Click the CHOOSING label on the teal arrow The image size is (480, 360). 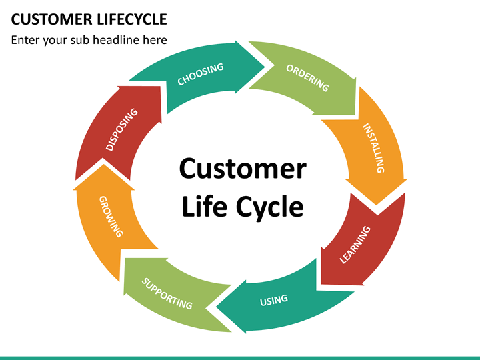pyautogui.click(x=201, y=74)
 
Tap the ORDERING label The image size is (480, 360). pyautogui.click(x=307, y=78)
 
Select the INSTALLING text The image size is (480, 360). pyautogui.click(x=373, y=148)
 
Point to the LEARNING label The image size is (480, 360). pyautogui.click(x=355, y=245)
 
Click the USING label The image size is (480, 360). pyautogui.click(x=274, y=300)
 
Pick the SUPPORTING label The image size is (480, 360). pyautogui.click(x=167, y=293)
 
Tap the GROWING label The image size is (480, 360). pyautogui.click(x=111, y=217)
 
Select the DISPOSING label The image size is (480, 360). pyautogui.click(x=121, y=129)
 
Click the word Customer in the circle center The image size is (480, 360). pyautogui.click(x=243, y=169)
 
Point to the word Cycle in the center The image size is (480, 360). pyautogui.click(x=270, y=208)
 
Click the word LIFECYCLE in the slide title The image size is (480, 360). pyautogui.click(x=132, y=19)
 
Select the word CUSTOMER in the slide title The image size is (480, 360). pyautogui.click(x=51, y=19)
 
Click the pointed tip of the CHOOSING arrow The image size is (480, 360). pyautogui.click(x=265, y=67)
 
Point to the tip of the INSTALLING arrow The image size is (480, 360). pyautogui.click(x=376, y=205)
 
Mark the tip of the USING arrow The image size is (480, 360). pyautogui.click(x=216, y=307)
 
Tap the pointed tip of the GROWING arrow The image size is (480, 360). pyautogui.click(x=103, y=165)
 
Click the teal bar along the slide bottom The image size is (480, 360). pyautogui.click(x=240, y=358)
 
